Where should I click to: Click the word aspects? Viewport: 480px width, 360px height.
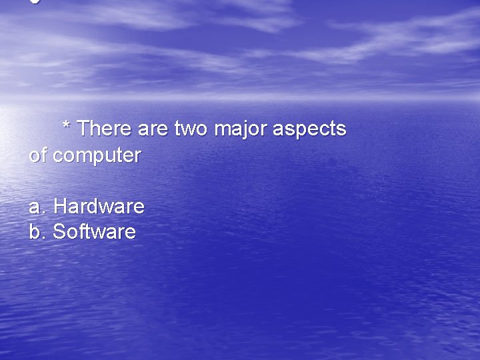tap(310, 129)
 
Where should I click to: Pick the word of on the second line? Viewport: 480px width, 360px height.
tap(37, 155)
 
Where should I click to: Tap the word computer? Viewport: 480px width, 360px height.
tap(97, 157)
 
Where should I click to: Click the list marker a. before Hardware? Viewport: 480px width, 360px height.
tap(37, 207)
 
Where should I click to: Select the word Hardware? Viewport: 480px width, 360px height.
tap(99, 206)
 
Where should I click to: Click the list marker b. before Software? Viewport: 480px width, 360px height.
tap(37, 232)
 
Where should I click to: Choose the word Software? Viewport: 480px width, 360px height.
tap(94, 231)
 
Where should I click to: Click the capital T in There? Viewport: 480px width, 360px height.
tap(84, 128)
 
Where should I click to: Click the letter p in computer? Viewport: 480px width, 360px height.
tap(102, 158)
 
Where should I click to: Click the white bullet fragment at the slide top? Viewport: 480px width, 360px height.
tap(35, 2)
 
